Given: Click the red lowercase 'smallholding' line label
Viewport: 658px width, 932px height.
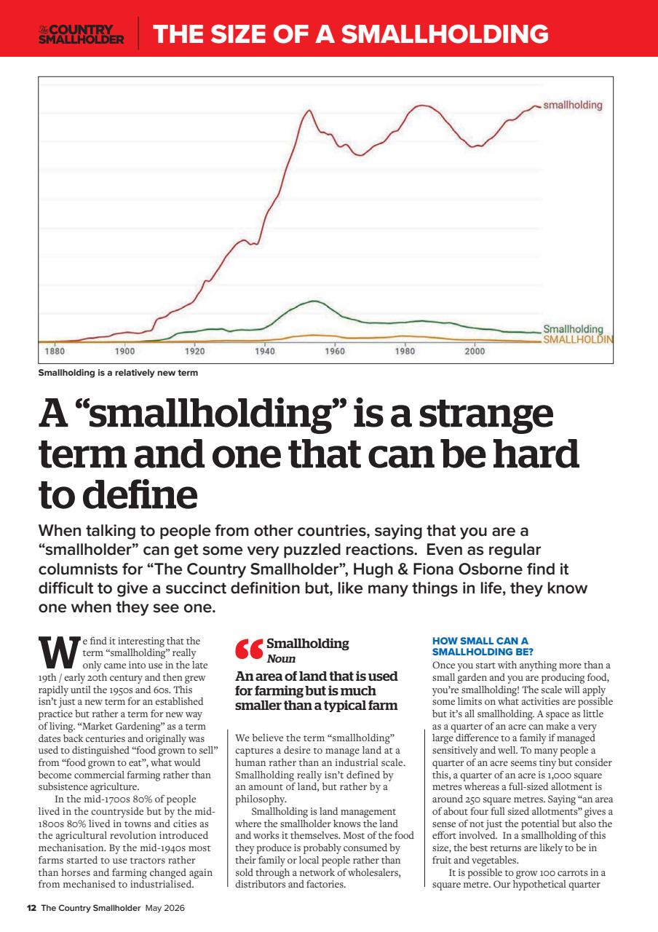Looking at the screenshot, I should coord(573,105).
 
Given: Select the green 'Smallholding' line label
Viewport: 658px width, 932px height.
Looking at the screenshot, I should coord(573,329).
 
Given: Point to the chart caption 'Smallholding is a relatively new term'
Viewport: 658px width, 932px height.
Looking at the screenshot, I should coord(118,374).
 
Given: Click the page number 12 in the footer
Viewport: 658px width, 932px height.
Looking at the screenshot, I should coord(31,908).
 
